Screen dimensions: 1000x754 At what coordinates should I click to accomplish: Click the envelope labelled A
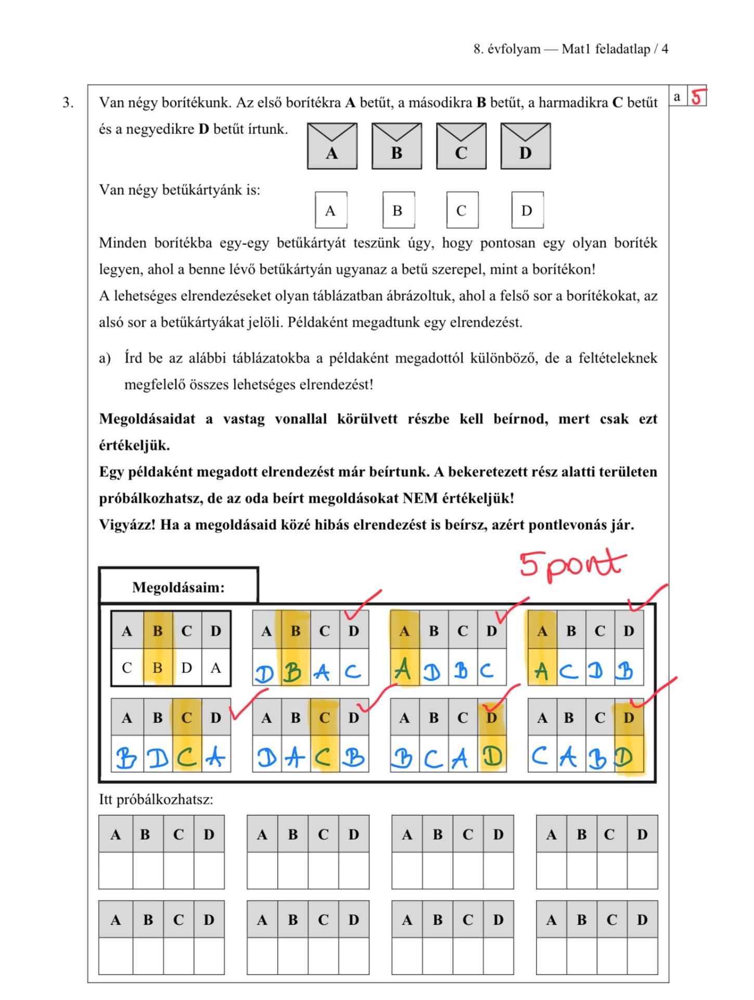(332, 146)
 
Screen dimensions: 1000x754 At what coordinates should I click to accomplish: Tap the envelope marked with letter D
(525, 146)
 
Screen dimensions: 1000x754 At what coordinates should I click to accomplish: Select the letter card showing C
(462, 210)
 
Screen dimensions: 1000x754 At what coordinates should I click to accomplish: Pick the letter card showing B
(398, 210)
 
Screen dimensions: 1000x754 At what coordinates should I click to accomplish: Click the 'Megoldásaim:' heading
(178, 587)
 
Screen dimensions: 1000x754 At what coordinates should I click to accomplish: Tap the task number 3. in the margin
(68, 103)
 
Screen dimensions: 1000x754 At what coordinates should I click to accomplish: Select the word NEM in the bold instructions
(420, 498)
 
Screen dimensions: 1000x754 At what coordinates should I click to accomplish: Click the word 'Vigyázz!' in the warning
(127, 525)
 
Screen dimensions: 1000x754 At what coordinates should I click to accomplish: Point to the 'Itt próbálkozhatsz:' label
(156, 799)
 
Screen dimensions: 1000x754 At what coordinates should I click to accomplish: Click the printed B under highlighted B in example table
(157, 668)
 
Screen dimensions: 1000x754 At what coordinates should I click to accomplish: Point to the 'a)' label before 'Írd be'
(105, 358)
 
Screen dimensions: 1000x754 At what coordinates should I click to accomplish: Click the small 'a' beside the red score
(677, 97)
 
